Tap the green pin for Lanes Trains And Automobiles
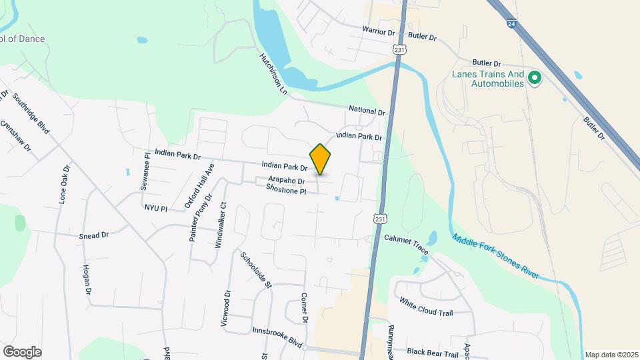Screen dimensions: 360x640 tap(534, 79)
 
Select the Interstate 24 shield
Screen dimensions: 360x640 tap(510, 23)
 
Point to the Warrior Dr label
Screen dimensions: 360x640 tap(379, 30)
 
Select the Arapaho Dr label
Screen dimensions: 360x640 tap(286, 181)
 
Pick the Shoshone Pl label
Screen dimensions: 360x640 tap(285, 191)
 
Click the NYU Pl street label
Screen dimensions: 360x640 tap(155, 208)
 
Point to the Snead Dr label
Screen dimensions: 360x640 tap(93, 235)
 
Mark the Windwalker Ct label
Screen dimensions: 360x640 tap(219, 225)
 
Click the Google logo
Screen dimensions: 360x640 tap(22, 351)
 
